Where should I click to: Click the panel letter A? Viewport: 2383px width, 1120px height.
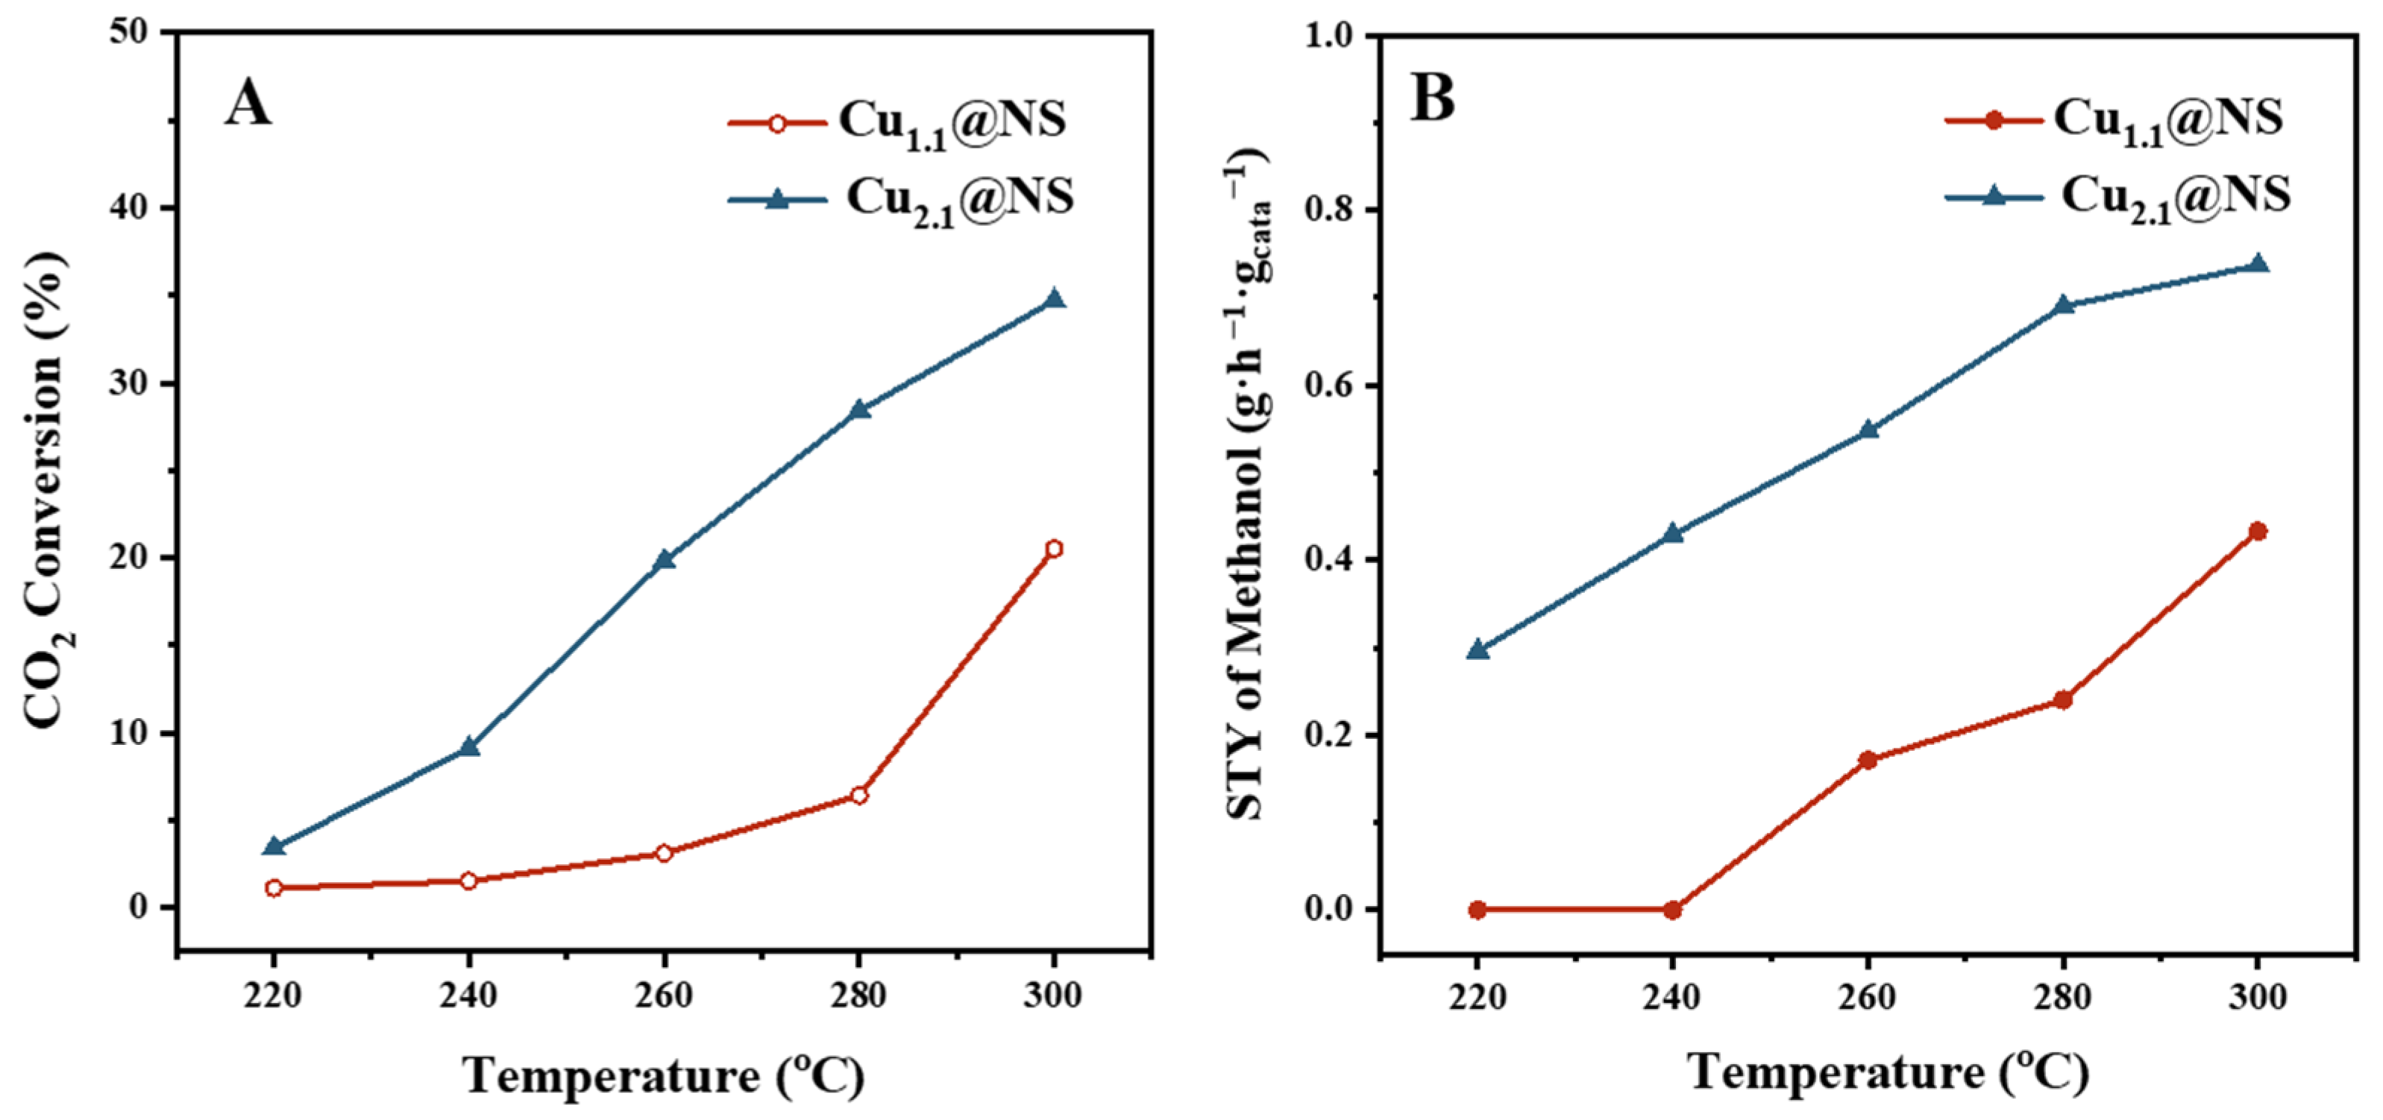[x=248, y=104]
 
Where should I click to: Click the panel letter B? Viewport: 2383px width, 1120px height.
[x=1432, y=99]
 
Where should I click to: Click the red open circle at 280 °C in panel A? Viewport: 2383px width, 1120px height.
[x=858, y=796]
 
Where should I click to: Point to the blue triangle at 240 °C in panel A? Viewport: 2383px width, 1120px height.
[x=469, y=746]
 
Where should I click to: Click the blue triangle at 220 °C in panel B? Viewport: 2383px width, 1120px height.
[x=1478, y=650]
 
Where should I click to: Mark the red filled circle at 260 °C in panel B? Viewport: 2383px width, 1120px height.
[x=1868, y=761]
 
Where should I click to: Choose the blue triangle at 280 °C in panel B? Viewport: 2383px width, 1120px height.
[x=2063, y=305]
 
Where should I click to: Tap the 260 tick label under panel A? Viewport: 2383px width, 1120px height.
[x=663, y=997]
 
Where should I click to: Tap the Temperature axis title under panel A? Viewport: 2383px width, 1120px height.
[x=663, y=1075]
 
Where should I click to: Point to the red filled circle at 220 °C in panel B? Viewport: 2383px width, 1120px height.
[x=1478, y=909]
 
